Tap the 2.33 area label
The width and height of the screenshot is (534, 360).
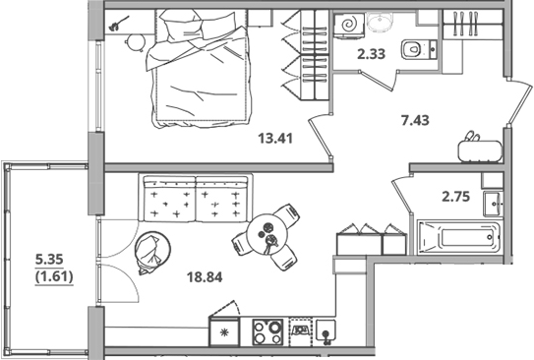click(x=371, y=54)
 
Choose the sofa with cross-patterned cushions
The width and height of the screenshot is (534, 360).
click(x=196, y=202)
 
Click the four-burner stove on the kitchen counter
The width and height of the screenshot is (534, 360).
click(x=267, y=330)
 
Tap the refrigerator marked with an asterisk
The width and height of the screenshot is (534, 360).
click(x=226, y=331)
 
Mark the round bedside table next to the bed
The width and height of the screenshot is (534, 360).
click(x=137, y=40)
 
